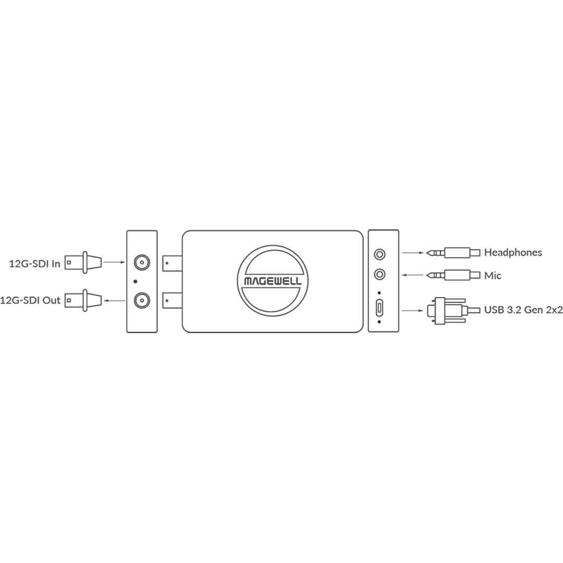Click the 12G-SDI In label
(x=34, y=264)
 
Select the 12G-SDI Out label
(x=30, y=300)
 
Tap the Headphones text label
(x=513, y=252)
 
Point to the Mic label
(x=492, y=276)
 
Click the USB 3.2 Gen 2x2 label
(x=523, y=310)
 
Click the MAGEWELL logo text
(x=273, y=281)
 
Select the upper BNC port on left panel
(x=142, y=262)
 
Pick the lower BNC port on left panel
(x=142, y=301)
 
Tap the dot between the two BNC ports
(x=136, y=281)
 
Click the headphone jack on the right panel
(x=380, y=254)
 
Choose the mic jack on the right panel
(x=380, y=275)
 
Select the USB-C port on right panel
(x=379, y=308)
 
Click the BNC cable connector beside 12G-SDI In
(x=83, y=262)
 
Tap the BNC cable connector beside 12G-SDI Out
(x=83, y=301)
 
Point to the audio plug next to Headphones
(x=453, y=253)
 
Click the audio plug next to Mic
(x=453, y=275)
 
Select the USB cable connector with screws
(x=453, y=311)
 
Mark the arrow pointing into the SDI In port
(x=114, y=262)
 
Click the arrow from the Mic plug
(x=412, y=275)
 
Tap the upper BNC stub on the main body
(x=173, y=263)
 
